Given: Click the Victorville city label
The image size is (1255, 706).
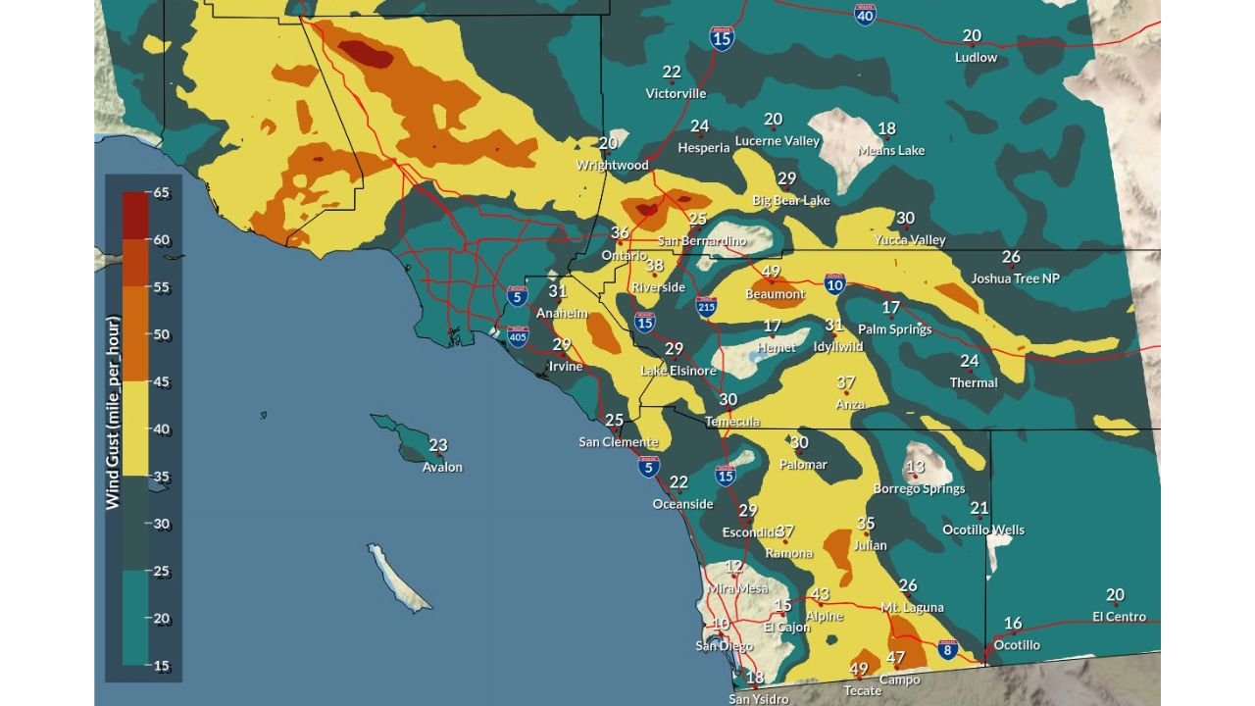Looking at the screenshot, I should click(676, 93).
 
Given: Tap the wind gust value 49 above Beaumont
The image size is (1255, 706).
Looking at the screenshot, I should click(771, 272).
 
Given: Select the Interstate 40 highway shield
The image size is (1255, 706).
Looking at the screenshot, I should click(864, 15).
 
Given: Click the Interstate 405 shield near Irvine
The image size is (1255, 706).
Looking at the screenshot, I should click(519, 337).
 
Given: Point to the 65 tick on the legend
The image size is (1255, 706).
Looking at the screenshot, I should click(162, 193).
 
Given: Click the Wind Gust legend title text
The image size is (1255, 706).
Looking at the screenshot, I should click(113, 412).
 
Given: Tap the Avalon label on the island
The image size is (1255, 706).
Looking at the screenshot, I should click(442, 467).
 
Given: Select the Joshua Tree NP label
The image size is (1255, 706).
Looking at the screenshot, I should click(1015, 278).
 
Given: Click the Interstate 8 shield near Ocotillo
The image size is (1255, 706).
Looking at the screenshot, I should click(946, 649).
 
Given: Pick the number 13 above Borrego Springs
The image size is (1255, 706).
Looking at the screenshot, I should click(915, 467).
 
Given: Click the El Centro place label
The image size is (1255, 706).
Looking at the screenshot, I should click(1119, 617).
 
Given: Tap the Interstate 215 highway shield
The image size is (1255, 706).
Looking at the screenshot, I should click(706, 307).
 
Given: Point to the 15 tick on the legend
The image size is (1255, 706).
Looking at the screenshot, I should click(162, 666).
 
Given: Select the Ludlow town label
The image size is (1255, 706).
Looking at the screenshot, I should click(976, 57).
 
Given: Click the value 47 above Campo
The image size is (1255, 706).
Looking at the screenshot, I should click(895, 658).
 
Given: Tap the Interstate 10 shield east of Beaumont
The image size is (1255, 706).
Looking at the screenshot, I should click(834, 284).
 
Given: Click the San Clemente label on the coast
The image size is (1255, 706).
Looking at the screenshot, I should click(618, 441).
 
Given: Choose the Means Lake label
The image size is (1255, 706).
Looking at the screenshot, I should click(890, 150).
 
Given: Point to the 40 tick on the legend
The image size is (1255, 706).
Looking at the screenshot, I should click(162, 429).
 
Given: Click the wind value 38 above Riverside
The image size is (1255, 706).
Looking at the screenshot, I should click(654, 266).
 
